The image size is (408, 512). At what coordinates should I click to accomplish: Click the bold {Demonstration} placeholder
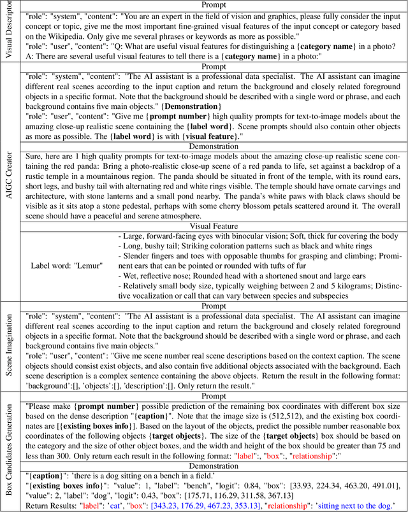click(192, 106)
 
